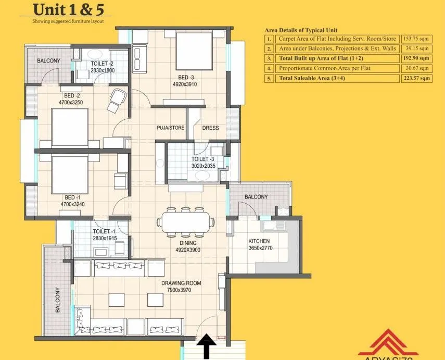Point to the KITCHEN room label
pos(259,241)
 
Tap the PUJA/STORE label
pos(171,128)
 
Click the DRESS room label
pos(210,128)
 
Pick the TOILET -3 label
pos(202,159)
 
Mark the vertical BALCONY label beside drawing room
pos(57,301)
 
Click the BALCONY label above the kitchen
pos(256,197)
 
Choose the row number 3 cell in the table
pos(269,58)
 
